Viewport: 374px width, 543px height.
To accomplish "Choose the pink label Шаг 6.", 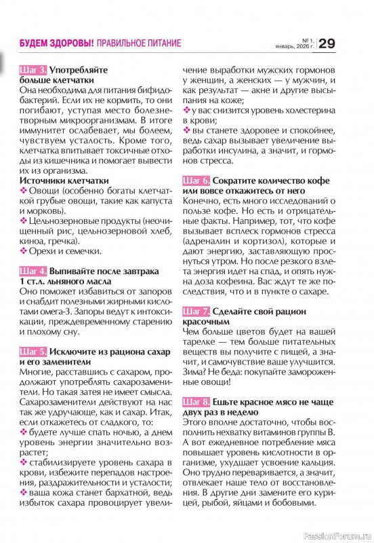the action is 196,181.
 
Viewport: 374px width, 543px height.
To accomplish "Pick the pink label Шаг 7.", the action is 196,312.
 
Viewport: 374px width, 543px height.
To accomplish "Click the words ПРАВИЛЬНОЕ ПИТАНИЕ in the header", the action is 138,43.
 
